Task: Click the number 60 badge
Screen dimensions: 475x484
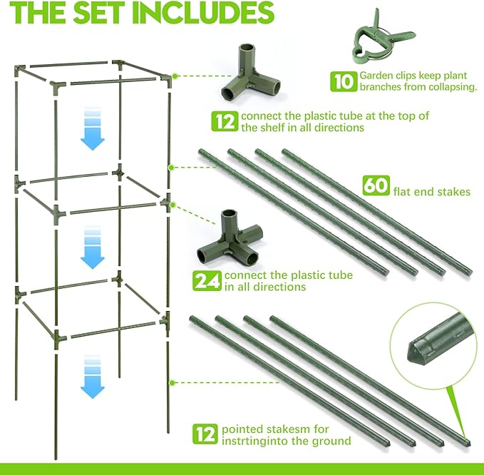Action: (x=375, y=185)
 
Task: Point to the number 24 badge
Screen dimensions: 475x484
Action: (x=207, y=280)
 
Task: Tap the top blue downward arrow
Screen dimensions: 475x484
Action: (x=93, y=128)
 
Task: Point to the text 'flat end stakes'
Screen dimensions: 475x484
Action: (x=431, y=191)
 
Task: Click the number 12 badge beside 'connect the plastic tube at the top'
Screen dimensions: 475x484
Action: (x=225, y=121)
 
